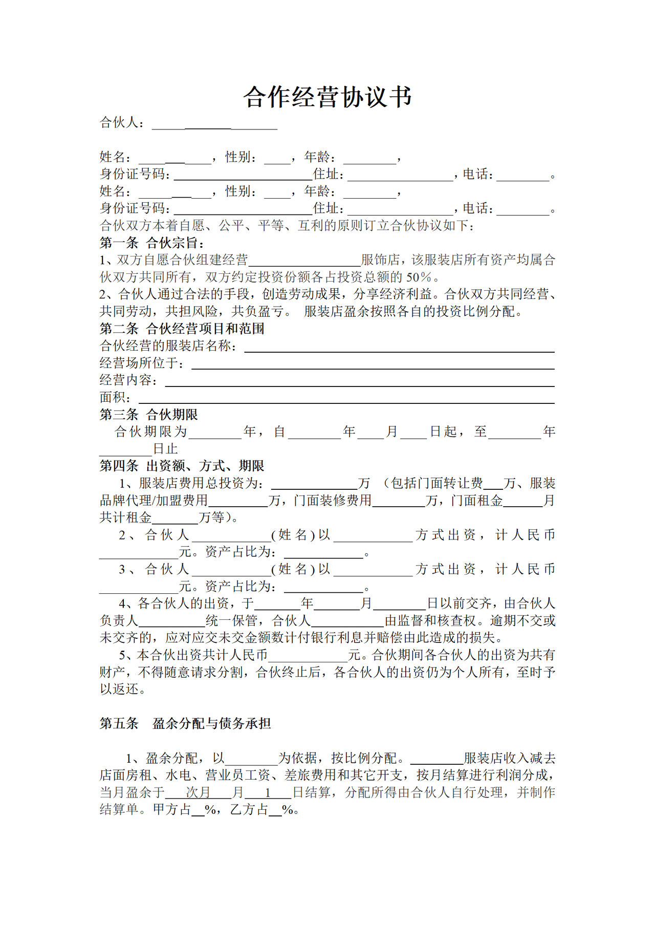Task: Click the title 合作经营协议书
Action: point(327,97)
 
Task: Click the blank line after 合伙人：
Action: point(214,124)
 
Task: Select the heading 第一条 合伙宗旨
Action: point(152,243)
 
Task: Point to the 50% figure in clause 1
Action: point(419,277)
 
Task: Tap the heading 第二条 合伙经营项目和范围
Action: point(182,329)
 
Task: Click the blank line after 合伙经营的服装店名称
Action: point(399,348)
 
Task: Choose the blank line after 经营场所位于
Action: point(373,364)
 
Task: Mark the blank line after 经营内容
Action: point(359,382)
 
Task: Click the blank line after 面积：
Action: point(346,399)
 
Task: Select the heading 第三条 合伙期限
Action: point(148,415)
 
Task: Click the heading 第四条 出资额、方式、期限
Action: point(182,466)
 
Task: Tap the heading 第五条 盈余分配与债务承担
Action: point(185,723)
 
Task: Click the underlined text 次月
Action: point(198,792)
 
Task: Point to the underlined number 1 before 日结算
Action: point(268,792)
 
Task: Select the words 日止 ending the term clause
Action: point(165,449)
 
